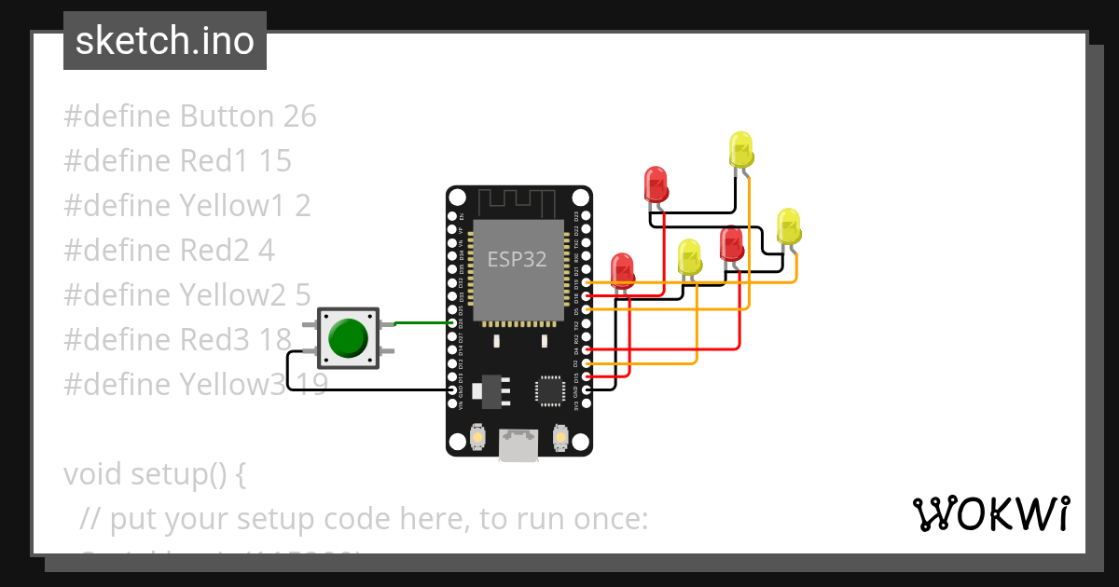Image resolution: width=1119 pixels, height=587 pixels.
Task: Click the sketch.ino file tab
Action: pyautogui.click(x=165, y=41)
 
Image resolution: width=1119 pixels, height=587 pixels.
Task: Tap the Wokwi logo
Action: pyautogui.click(x=990, y=513)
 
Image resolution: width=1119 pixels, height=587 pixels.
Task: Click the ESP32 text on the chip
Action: pyautogui.click(x=517, y=259)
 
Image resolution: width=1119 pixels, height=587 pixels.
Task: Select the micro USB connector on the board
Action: pyautogui.click(x=518, y=444)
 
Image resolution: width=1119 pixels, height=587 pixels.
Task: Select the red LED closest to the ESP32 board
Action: pyautogui.click(x=622, y=267)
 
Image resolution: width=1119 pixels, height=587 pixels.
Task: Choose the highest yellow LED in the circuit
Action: pyautogui.click(x=740, y=149)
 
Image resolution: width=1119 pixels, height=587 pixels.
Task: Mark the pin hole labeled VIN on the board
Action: pyautogui.click(x=452, y=403)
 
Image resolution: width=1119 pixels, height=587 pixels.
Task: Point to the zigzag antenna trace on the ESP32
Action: pyautogui.click(x=518, y=198)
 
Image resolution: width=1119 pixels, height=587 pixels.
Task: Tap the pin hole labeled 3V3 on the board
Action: pyautogui.click(x=586, y=403)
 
